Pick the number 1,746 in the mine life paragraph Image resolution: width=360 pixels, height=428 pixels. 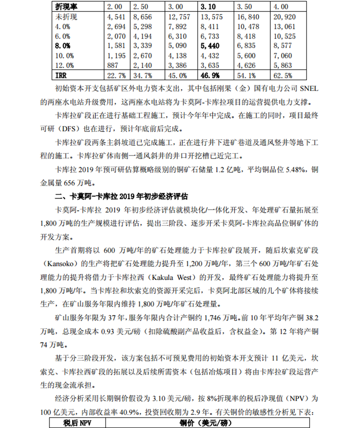click(215, 316)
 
